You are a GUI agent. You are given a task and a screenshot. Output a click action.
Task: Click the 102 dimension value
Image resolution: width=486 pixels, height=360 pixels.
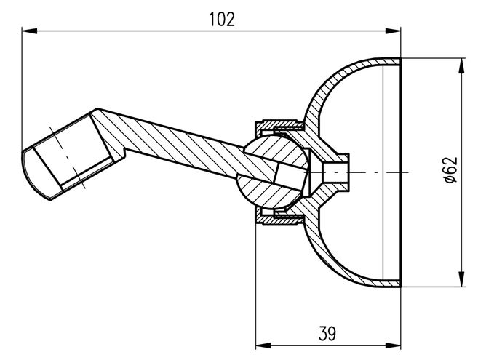222,19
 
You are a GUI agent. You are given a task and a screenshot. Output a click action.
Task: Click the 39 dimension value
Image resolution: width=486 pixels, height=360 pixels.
327,334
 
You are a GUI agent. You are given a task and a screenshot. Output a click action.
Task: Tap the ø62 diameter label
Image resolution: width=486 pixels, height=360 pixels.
451,170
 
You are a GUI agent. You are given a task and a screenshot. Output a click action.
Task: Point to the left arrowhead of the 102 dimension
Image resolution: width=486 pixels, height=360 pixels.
29,31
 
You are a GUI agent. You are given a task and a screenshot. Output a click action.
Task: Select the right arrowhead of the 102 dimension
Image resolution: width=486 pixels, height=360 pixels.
393,31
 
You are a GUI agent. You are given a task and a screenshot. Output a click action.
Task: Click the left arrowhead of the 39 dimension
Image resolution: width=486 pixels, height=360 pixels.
263,345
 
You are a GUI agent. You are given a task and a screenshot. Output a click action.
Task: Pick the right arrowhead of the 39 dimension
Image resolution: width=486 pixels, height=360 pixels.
393,345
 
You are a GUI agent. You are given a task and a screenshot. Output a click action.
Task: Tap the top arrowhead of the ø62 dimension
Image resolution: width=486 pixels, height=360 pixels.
462,65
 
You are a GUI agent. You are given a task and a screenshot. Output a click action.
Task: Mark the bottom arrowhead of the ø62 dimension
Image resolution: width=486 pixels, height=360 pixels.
462,279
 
